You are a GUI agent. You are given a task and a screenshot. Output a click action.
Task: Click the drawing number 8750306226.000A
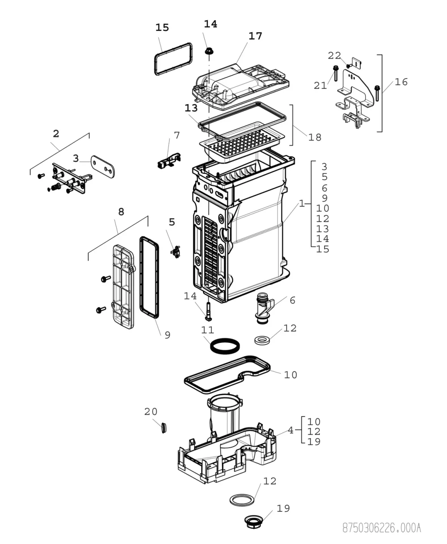(381, 528)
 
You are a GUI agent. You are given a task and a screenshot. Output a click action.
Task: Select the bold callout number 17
(255, 36)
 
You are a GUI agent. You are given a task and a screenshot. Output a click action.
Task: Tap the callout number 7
(177, 135)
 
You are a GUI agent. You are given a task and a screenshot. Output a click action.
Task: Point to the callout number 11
(207, 330)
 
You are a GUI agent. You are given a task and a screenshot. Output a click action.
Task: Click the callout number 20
(151, 411)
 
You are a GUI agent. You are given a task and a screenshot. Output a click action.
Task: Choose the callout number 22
(334, 55)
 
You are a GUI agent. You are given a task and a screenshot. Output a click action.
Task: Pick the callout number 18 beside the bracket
(315, 138)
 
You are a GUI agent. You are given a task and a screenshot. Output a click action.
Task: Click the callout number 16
(401, 82)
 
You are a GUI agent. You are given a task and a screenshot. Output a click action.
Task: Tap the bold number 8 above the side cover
(121, 212)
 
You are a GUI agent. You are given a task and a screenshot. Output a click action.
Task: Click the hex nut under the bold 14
(209, 51)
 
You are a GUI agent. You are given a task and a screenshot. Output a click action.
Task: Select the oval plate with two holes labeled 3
(103, 167)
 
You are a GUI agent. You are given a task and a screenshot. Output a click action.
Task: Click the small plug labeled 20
(164, 428)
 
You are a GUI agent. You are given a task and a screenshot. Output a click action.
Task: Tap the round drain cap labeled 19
(254, 522)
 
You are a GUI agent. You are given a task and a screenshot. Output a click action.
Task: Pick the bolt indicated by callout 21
(336, 73)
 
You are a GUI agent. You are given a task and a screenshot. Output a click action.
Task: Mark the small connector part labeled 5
(176, 252)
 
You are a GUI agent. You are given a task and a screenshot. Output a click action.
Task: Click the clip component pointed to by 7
(169, 160)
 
